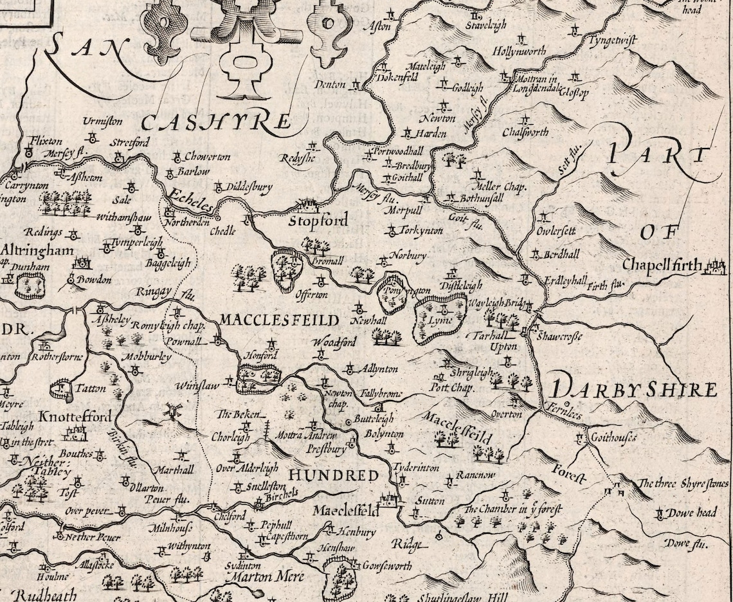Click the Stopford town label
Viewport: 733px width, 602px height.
point(318,221)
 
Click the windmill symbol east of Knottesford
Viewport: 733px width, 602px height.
point(171,410)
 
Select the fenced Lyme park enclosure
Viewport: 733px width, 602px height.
point(440,316)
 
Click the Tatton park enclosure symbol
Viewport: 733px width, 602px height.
point(61,388)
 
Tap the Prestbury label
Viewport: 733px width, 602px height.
point(326,450)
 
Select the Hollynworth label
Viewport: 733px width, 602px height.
point(519,51)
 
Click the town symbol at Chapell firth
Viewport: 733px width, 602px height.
point(715,266)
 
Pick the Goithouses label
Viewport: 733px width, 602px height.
point(613,438)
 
